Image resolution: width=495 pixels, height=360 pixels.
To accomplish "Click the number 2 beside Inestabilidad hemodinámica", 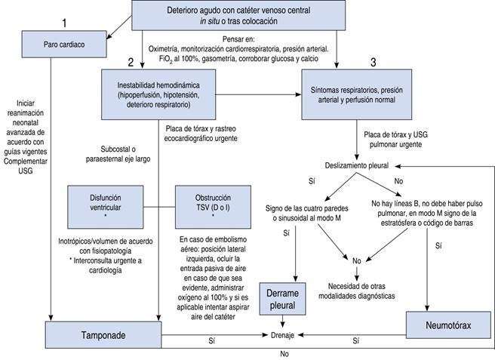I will [x=130, y=61].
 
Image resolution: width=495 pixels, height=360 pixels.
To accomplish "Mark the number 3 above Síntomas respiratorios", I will [x=371, y=61].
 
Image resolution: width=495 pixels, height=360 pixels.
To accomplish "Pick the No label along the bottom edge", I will [x=284, y=352].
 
